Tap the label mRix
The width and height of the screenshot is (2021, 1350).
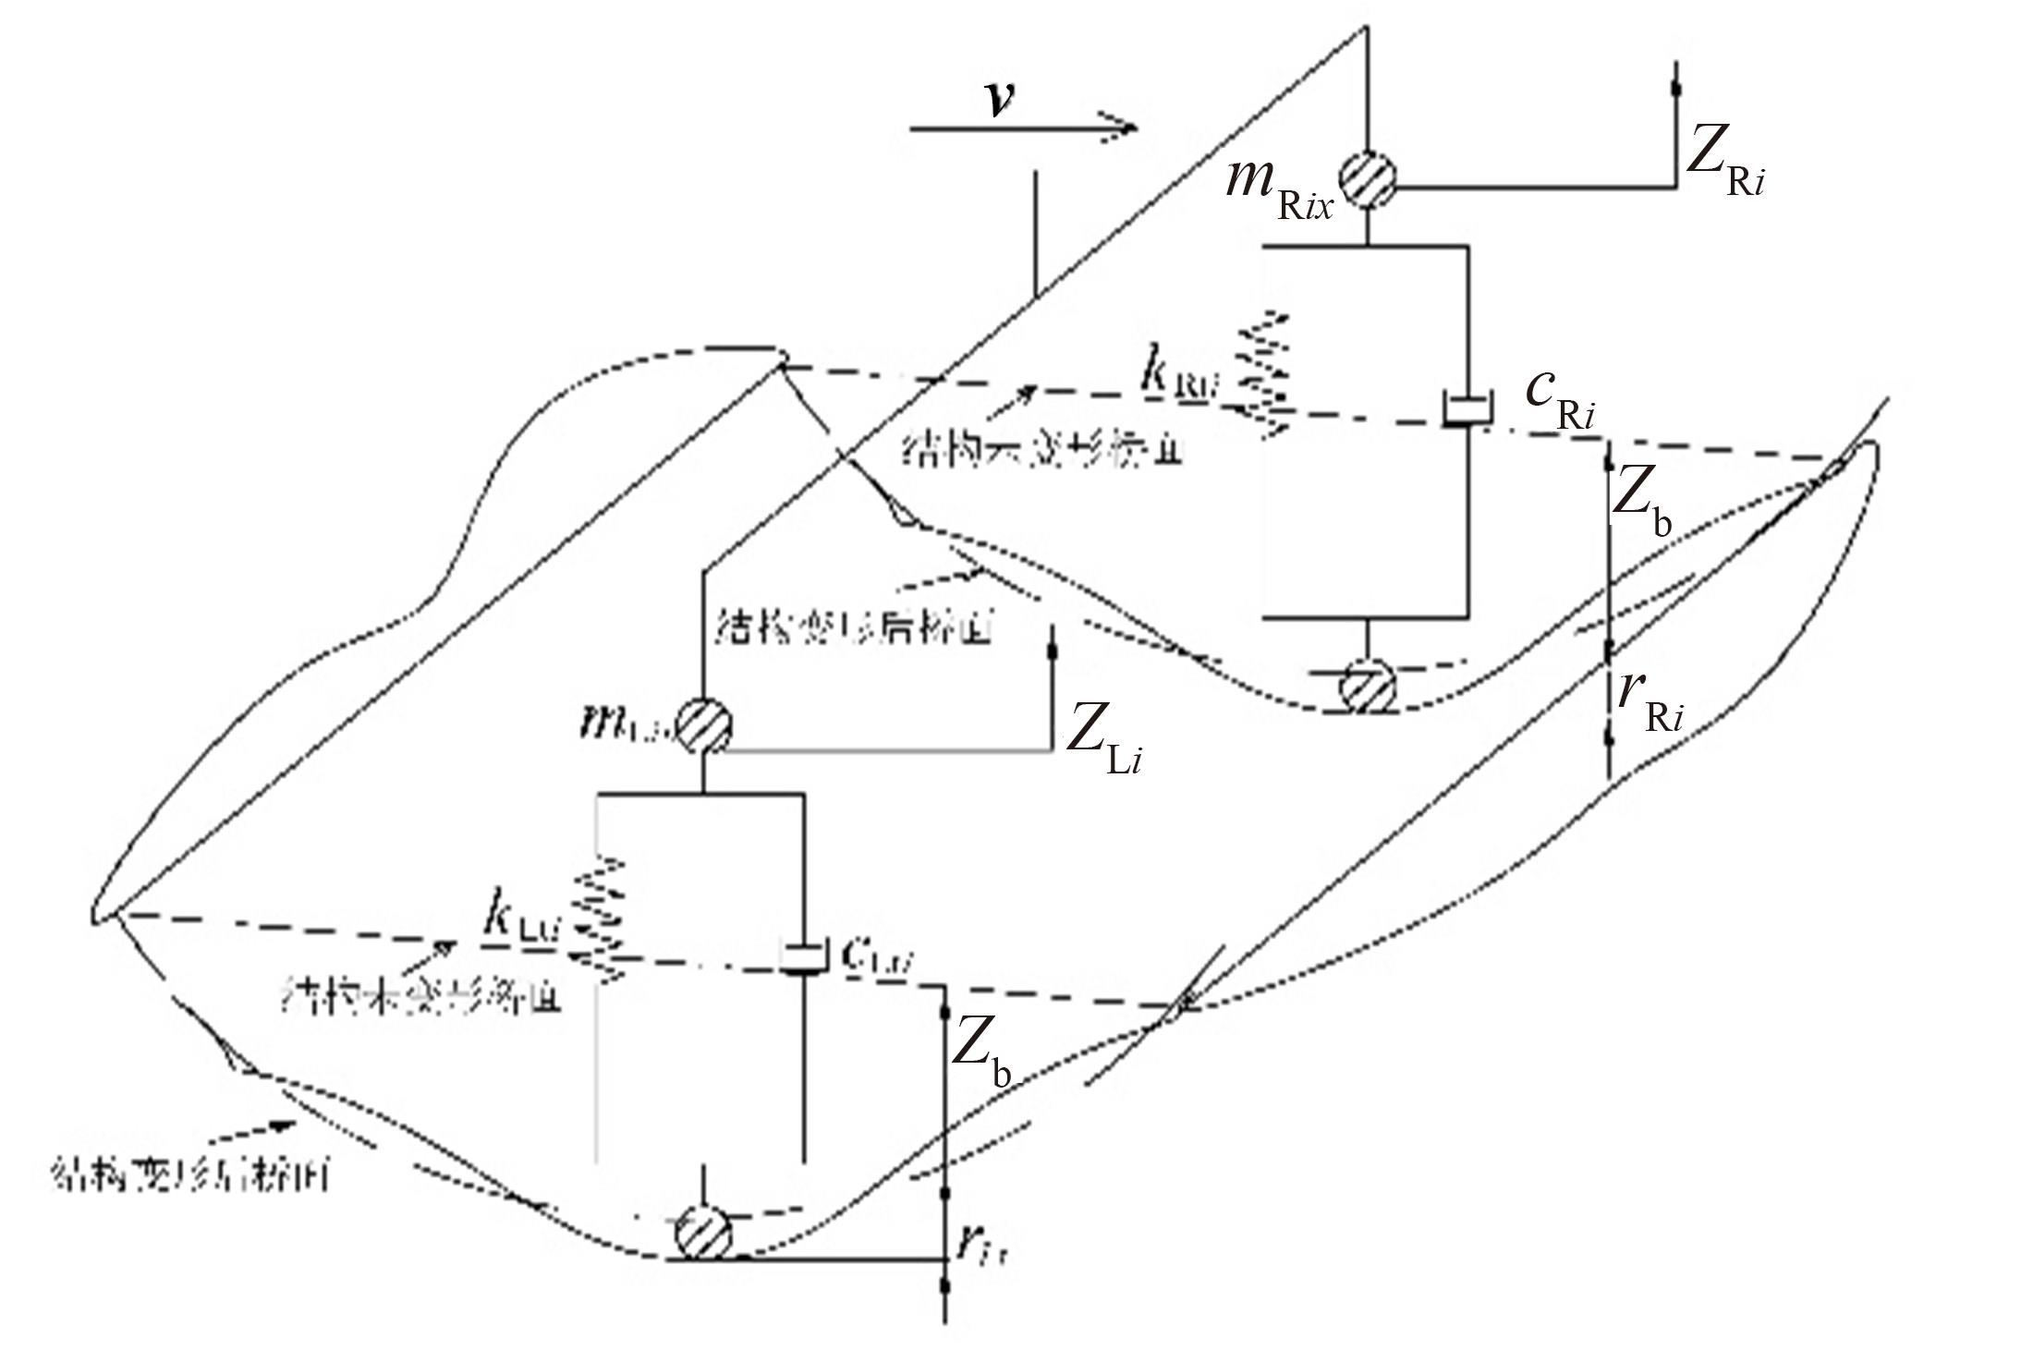tap(1279, 185)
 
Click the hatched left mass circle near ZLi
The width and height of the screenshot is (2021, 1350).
tap(704, 724)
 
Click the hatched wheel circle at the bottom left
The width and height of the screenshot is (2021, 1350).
tap(703, 1232)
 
